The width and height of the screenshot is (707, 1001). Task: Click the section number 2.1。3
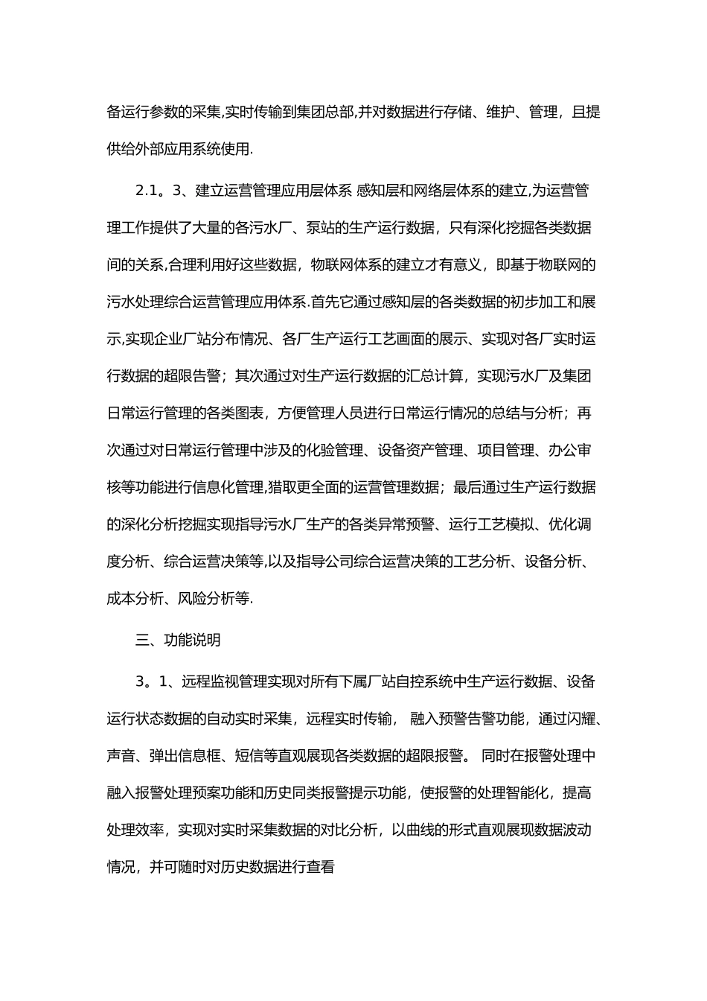tap(159, 191)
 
